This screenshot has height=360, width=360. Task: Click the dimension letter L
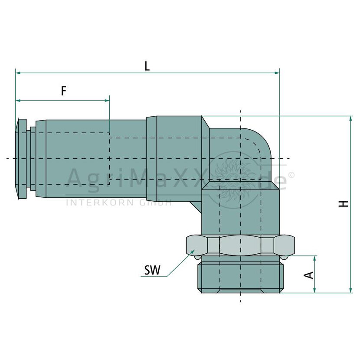click(147, 66)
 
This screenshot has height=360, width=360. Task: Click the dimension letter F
click(64, 91)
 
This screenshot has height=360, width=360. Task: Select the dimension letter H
click(344, 204)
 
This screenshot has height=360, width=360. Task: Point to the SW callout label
click(152, 270)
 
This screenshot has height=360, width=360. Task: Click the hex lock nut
click(240, 245)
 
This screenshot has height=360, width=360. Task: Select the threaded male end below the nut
click(241, 277)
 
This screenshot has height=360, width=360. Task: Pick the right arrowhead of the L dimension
click(277, 73)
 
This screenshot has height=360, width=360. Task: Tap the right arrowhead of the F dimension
click(107, 101)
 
